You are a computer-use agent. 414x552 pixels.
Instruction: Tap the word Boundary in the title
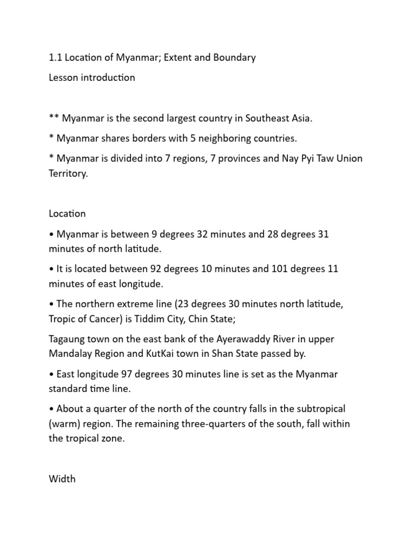coord(233,58)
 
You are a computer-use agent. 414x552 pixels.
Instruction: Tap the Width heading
coord(62,479)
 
